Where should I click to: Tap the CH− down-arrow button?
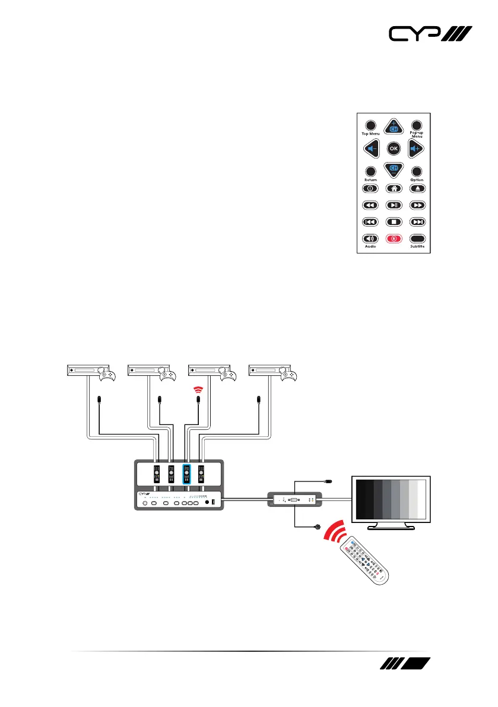click(x=392, y=170)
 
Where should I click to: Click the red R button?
click(x=392, y=239)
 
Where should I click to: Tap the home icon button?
click(x=392, y=189)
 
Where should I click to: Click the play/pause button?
click(x=392, y=205)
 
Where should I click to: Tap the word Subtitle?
click(x=417, y=246)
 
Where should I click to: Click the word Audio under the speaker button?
click(x=370, y=246)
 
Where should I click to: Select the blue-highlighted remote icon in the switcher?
click(x=186, y=474)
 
